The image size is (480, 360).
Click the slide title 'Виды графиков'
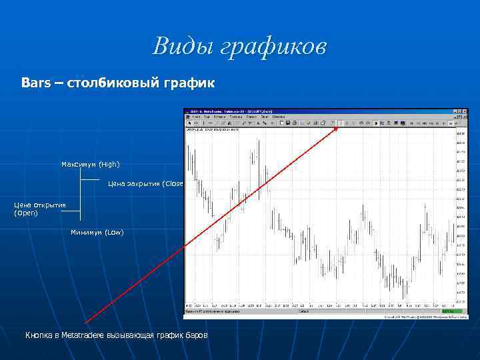(x=239, y=47)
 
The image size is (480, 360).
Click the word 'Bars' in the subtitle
(x=33, y=84)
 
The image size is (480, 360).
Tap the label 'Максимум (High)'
(x=91, y=164)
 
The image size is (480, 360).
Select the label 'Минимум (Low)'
(x=97, y=232)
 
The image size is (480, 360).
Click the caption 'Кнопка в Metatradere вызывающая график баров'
(x=116, y=335)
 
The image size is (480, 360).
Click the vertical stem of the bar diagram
(x=80, y=193)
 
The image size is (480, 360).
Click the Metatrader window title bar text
(x=227, y=111)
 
